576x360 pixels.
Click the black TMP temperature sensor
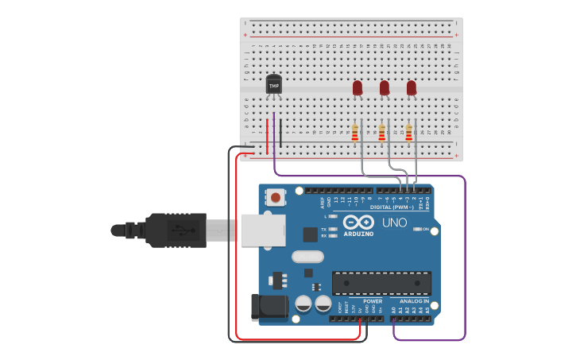274,83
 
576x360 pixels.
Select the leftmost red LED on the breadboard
358,87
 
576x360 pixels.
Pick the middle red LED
385,87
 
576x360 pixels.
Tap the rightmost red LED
412,87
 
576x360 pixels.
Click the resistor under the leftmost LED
355,134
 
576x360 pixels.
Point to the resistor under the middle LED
382,134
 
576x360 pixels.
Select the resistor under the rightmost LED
409,134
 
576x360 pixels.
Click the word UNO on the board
395,223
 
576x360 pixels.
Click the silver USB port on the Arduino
263,230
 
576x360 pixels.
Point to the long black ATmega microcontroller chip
381,283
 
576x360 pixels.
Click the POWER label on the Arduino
373,301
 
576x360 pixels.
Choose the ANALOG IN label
414,301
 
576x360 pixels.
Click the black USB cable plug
176,230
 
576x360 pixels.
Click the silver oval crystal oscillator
307,257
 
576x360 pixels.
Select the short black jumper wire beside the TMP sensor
280,133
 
